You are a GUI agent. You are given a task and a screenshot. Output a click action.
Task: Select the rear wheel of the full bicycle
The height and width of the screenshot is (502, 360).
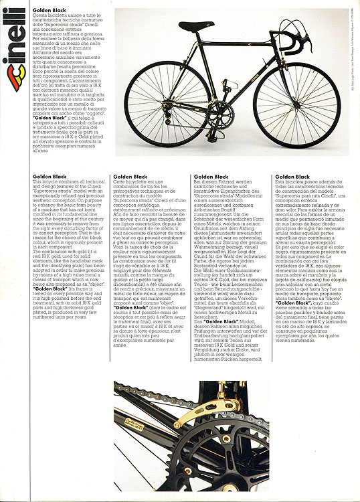click(x=165, y=103)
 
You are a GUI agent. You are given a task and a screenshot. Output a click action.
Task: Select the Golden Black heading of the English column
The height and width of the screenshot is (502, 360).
click(x=50, y=177)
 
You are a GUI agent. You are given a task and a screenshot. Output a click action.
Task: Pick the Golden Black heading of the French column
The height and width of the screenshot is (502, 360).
click(x=130, y=177)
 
